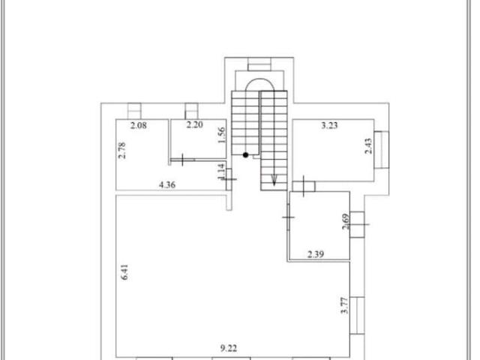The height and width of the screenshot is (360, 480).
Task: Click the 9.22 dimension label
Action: (228, 348)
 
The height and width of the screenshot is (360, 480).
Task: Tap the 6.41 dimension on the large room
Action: (124, 272)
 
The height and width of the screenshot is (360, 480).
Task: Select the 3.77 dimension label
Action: (345, 305)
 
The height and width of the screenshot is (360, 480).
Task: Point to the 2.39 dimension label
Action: (316, 254)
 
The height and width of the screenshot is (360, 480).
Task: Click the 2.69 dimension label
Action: (346, 221)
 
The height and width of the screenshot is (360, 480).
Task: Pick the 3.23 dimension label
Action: (329, 125)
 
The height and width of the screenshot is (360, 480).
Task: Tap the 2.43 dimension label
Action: (368, 145)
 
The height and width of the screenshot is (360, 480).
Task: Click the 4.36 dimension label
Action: (167, 184)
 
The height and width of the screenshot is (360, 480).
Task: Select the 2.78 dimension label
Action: (121, 150)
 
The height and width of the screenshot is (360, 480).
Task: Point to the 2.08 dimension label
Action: (138, 125)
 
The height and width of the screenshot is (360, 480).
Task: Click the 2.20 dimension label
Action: (195, 124)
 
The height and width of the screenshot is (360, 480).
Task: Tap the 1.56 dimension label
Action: (221, 135)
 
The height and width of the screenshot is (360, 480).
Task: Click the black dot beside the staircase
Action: (245, 155)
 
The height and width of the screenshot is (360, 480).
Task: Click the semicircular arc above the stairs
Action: (259, 80)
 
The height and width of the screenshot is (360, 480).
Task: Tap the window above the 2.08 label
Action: (134, 111)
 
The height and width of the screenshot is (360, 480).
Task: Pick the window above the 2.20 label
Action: (192, 111)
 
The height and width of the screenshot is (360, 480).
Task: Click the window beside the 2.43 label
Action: (382, 150)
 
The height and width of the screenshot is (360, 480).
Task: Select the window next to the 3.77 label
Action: (357, 315)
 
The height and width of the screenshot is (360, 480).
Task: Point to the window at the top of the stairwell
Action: (259, 64)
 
